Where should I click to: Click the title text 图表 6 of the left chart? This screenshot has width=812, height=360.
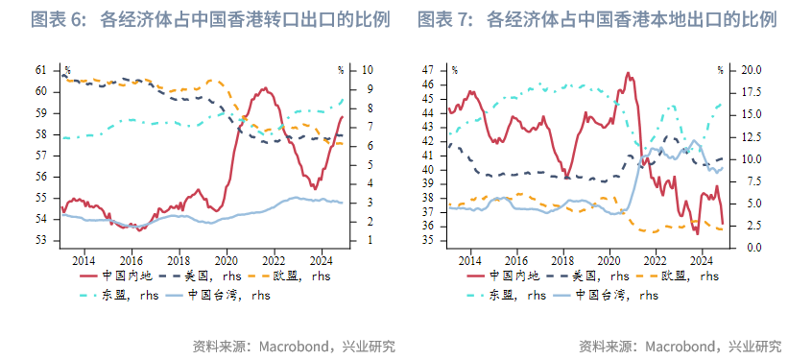point(60,19)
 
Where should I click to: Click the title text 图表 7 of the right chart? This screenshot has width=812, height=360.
point(446,19)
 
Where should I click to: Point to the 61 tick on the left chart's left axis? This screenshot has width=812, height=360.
point(41,70)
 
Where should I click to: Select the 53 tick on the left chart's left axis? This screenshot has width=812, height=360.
point(41,240)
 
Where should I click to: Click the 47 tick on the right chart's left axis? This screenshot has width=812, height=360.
point(427,70)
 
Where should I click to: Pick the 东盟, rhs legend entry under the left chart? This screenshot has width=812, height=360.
point(125,296)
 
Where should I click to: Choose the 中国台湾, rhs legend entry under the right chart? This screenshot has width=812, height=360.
point(615,296)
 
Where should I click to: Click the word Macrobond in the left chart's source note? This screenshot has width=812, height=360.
point(292,346)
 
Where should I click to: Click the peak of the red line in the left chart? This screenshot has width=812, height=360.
point(260,88)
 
